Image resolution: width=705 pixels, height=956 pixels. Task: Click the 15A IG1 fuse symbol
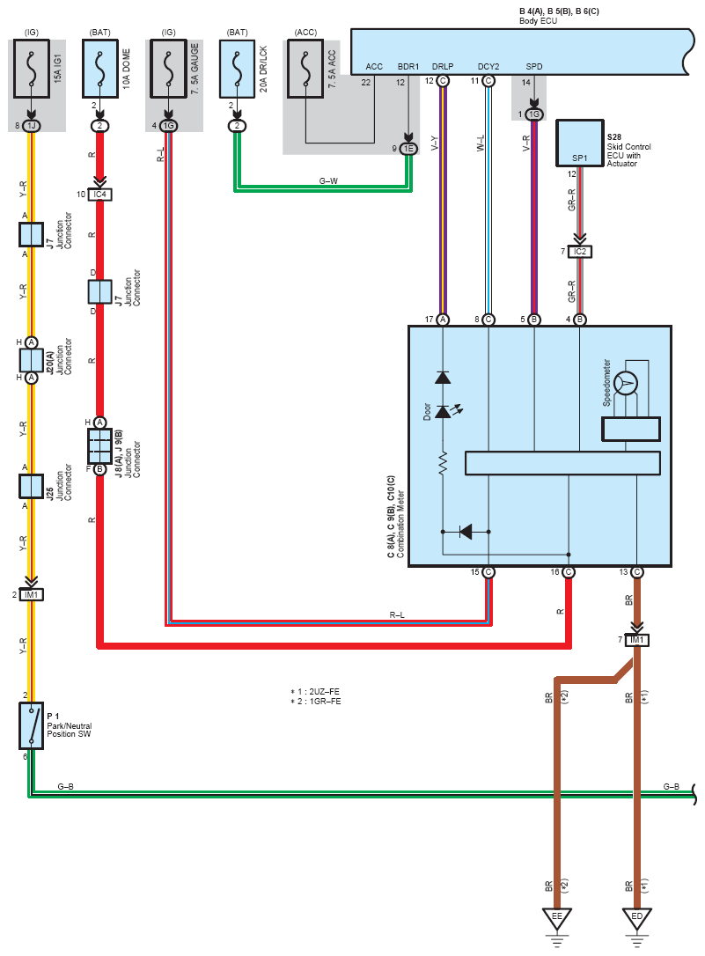32,69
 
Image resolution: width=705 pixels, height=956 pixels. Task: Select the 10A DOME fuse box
100,69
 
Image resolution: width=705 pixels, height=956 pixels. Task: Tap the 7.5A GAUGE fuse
168,69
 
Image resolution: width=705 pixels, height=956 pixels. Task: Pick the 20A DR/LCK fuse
237,69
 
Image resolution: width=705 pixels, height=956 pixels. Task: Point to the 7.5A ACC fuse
306,69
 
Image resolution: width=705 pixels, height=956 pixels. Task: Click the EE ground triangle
557,917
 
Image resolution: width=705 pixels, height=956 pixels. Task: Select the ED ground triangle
636,917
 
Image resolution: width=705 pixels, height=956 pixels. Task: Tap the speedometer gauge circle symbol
625,384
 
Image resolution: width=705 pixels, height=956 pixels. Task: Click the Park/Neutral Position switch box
31,725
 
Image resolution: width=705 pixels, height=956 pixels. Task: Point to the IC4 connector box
100,195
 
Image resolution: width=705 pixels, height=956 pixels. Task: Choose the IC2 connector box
579,251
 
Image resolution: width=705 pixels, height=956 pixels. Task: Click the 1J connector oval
31,126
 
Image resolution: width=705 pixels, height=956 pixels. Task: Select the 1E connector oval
408,148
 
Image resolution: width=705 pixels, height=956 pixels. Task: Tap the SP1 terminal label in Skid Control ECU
579,158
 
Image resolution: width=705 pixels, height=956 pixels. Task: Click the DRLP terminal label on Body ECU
443,66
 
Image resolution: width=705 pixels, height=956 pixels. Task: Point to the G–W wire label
328,181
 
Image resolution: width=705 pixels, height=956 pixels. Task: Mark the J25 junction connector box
31,487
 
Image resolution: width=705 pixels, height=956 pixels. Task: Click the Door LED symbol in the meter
443,412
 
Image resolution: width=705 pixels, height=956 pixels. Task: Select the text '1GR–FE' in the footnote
326,701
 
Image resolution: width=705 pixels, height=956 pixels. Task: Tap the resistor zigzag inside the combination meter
443,463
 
